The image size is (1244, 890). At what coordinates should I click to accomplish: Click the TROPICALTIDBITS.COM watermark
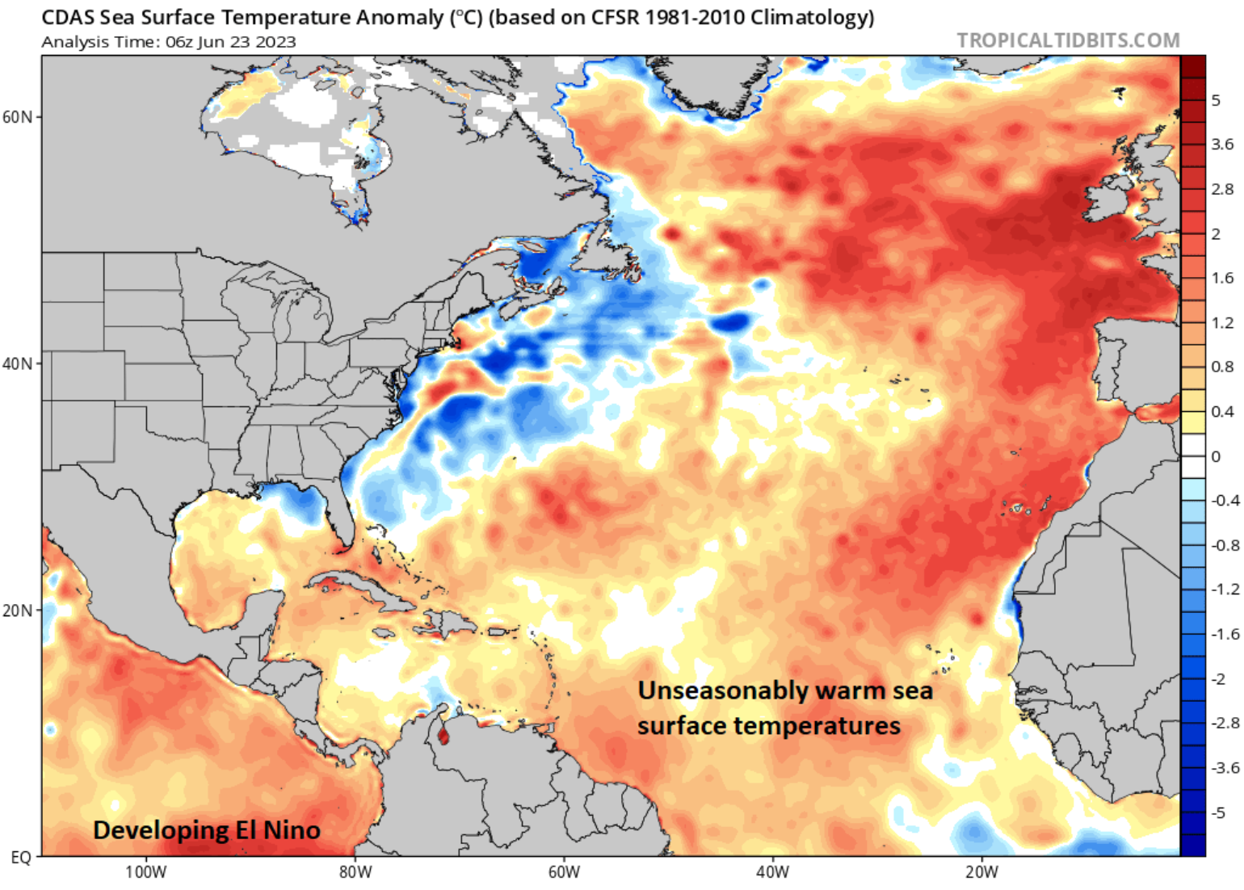(x=1068, y=40)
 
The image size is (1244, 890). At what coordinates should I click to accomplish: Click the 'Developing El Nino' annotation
(x=207, y=830)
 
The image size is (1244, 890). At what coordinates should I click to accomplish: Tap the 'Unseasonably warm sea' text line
(x=785, y=691)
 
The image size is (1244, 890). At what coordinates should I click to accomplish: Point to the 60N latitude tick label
(x=17, y=117)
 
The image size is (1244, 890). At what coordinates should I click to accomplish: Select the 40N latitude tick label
(x=17, y=364)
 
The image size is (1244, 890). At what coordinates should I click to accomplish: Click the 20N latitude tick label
(x=17, y=611)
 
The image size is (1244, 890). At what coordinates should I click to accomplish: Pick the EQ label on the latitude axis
(x=21, y=858)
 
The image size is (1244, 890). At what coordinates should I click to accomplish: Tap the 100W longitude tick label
(x=146, y=873)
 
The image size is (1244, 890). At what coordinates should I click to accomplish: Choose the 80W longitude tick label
(x=355, y=873)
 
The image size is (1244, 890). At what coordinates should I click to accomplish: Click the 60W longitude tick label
(x=564, y=873)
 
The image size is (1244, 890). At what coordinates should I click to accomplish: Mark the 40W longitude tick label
(x=773, y=873)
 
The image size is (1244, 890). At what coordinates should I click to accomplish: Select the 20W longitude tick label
(x=981, y=873)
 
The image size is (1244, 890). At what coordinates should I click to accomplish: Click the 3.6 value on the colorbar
(x=1222, y=145)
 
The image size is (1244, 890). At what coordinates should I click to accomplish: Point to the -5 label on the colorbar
(x=1219, y=812)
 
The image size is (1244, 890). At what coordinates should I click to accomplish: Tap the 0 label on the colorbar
(x=1216, y=456)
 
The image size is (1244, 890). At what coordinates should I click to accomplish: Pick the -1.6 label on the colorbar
(x=1225, y=634)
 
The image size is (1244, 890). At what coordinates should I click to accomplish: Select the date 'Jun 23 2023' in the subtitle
(x=246, y=42)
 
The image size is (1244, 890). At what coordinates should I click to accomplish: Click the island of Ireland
(x=1107, y=202)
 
